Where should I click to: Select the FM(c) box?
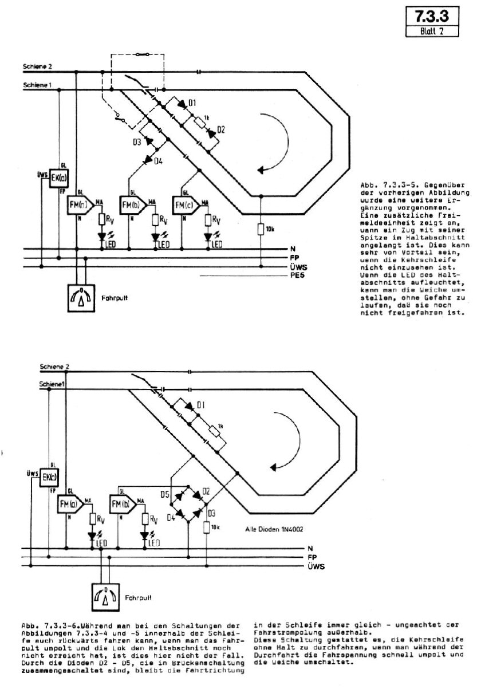(x=184, y=205)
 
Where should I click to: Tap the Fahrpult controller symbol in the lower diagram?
(x=109, y=597)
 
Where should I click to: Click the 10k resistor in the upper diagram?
(x=262, y=229)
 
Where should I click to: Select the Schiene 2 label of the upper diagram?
(x=38, y=68)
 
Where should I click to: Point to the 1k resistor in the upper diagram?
(x=199, y=120)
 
